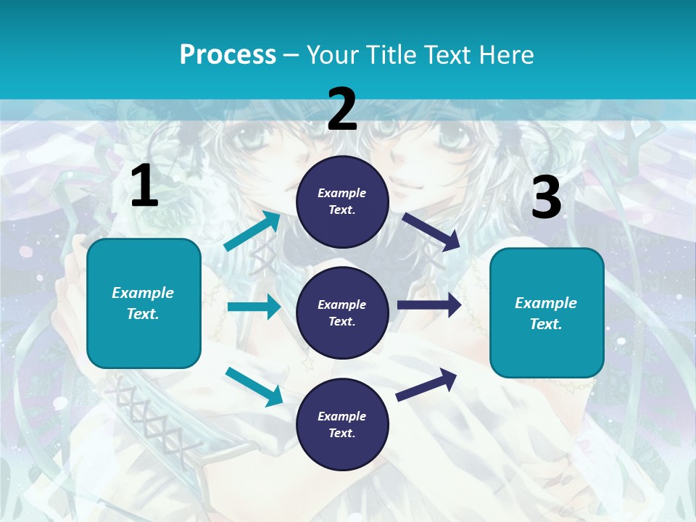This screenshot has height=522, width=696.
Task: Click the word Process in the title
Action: point(228,54)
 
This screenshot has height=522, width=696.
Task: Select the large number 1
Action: point(144,186)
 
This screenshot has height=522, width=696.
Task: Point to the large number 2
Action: point(342,109)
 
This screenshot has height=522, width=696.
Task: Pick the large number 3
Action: point(547,197)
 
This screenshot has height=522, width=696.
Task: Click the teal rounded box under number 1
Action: point(144,303)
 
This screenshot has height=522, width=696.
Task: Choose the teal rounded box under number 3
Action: point(547,313)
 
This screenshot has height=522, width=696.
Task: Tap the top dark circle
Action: point(342,202)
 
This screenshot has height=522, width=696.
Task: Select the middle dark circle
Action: point(342,313)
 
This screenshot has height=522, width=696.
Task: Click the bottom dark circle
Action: point(342,425)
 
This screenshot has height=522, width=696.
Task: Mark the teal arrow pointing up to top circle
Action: point(252,231)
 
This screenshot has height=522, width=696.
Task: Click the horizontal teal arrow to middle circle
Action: point(254,307)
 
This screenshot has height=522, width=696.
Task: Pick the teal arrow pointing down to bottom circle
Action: point(254,386)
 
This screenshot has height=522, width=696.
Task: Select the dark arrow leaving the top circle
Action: point(431,231)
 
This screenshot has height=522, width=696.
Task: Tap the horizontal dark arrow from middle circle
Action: point(429,305)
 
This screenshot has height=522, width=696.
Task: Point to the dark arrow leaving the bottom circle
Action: point(427,384)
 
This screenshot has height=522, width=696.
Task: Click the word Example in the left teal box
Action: point(143,293)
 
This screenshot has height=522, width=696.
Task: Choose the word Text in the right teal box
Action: point(545,324)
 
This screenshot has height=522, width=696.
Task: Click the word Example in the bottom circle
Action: point(342,416)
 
